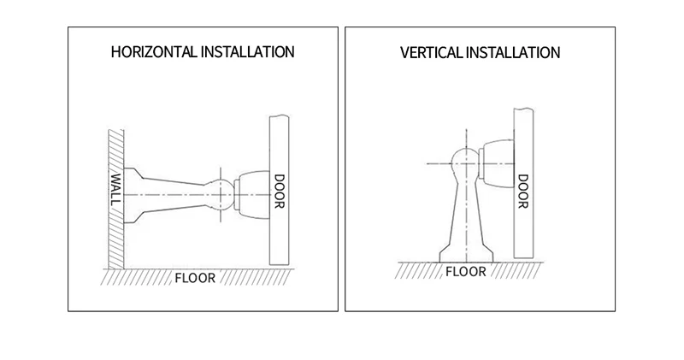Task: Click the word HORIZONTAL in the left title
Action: tap(154, 52)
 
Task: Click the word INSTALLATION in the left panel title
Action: tap(247, 52)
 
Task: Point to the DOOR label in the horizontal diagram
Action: tap(279, 192)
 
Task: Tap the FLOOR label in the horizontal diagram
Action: tap(196, 278)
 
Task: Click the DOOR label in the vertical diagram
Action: tap(523, 192)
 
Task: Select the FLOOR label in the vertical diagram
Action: tap(465, 272)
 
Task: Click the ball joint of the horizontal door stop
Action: tap(220, 195)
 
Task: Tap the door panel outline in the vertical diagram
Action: tap(523, 231)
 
